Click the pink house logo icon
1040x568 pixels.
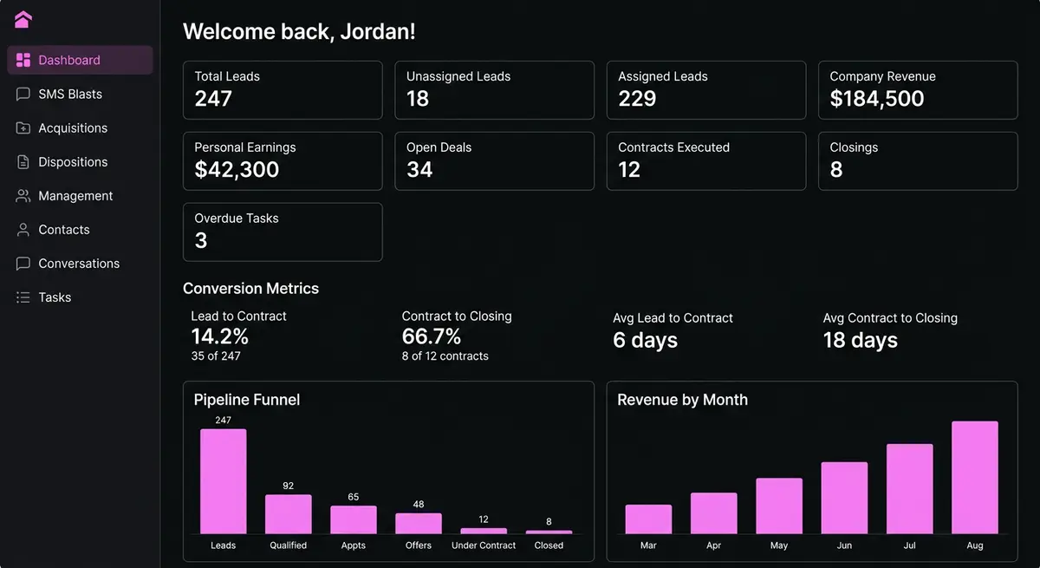point(23,19)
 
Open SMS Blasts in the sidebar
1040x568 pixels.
point(70,94)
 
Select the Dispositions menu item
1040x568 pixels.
point(73,161)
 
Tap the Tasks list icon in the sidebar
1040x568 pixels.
point(23,297)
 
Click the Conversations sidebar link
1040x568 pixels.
point(79,264)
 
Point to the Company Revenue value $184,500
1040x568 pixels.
point(876,99)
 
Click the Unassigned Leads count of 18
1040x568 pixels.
point(418,99)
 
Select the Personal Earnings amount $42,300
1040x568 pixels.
point(237,169)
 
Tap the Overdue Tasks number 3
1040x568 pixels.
point(201,240)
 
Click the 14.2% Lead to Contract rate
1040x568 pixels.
point(219,336)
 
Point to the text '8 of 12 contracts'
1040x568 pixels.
point(445,356)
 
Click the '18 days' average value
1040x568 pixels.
point(861,340)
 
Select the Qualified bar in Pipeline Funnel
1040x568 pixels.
point(289,513)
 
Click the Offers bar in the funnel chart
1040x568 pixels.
point(419,523)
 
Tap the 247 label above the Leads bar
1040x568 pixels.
point(223,421)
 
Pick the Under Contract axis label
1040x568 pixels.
point(484,545)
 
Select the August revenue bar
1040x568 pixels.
point(974,478)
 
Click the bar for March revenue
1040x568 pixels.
point(648,519)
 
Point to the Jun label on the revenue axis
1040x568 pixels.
point(844,545)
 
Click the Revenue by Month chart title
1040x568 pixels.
point(683,400)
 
